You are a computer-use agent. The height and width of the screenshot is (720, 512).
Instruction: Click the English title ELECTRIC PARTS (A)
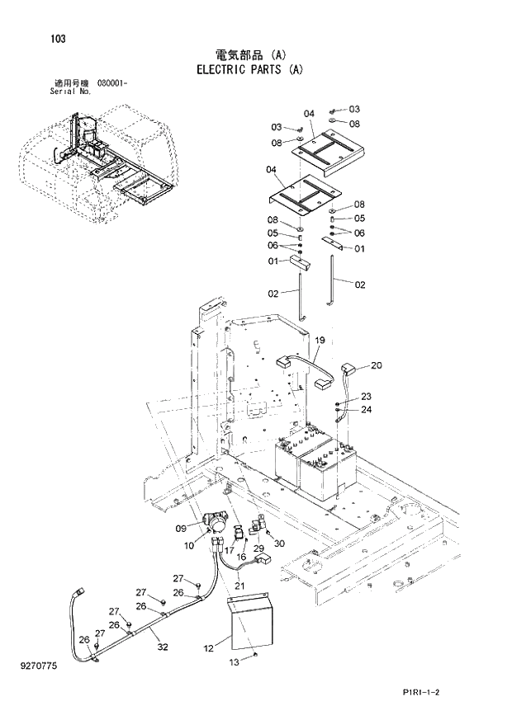249,70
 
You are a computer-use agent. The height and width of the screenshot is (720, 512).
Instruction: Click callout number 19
319,340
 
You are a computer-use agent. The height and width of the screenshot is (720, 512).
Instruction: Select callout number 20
376,365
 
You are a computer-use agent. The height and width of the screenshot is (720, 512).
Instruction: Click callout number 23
366,397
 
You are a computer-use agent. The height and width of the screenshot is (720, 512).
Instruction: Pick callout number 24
366,409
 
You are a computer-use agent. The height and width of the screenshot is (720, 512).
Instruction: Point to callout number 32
163,647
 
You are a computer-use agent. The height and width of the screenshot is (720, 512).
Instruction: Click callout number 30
279,543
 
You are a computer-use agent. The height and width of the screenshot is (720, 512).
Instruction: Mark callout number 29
258,549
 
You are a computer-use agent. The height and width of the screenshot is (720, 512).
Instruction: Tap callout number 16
242,557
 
